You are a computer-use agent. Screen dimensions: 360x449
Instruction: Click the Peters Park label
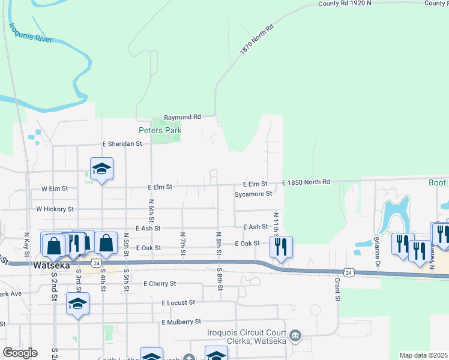[160, 130]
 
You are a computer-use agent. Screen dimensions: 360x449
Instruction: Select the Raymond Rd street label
[182, 117]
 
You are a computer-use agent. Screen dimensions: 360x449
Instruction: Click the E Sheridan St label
[122, 144]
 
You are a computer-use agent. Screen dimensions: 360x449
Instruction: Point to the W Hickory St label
[55, 209]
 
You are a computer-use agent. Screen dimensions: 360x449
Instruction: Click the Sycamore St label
[253, 194]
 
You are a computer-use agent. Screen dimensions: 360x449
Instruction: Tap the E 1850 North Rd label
[306, 182]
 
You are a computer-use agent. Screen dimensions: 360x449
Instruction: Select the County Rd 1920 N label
[345, 4]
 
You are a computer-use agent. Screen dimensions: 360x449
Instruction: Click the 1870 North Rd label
[256, 40]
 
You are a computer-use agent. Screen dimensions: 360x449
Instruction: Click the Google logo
[19, 353]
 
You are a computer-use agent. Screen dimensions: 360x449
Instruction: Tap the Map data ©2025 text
[423, 355]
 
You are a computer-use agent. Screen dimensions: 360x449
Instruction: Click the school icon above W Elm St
[101, 170]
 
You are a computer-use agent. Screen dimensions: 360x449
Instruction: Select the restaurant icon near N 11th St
[281, 247]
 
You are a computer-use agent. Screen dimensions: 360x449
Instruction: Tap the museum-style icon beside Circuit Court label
[295, 335]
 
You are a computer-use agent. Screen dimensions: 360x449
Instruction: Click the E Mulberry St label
[181, 322]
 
